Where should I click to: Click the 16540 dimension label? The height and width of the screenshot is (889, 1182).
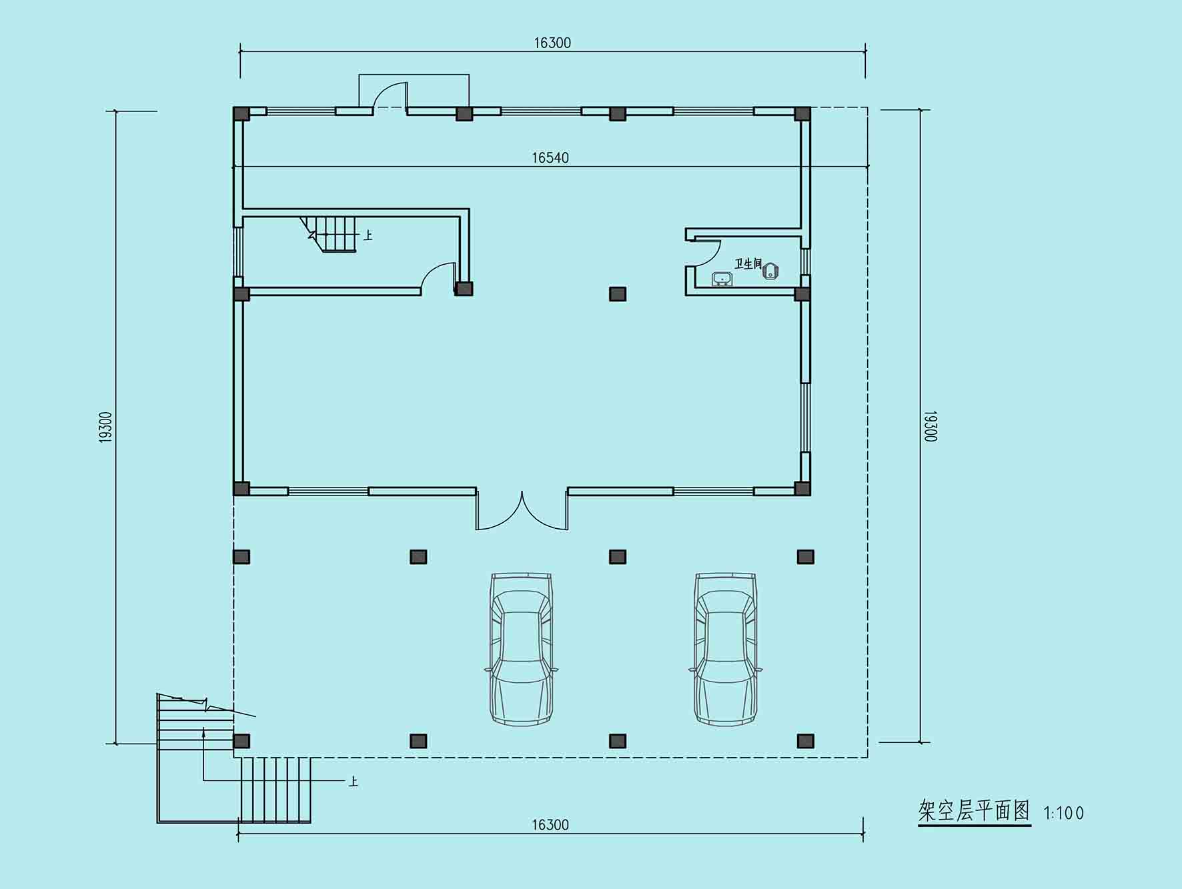[550, 157]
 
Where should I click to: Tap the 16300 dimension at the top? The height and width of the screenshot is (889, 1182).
[552, 43]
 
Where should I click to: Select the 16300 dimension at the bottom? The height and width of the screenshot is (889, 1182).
[550, 825]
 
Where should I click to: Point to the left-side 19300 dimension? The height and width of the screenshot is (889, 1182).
[105, 427]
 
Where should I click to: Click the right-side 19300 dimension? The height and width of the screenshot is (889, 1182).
[931, 426]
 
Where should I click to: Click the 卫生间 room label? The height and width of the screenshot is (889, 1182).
[748, 264]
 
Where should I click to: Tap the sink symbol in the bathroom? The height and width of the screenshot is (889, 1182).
[721, 279]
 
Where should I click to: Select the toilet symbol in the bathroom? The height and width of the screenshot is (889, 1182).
[770, 271]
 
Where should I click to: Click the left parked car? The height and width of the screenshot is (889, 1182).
[522, 648]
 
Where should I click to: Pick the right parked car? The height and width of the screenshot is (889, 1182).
[726, 648]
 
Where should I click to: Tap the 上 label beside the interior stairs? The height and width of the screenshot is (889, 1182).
[368, 235]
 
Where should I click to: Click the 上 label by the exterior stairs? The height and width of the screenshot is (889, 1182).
[353, 781]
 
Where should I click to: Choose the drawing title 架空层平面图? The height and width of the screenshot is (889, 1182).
[974, 811]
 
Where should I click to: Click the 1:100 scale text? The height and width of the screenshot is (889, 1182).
[1064, 813]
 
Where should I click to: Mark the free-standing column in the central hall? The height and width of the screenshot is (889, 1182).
[618, 294]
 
